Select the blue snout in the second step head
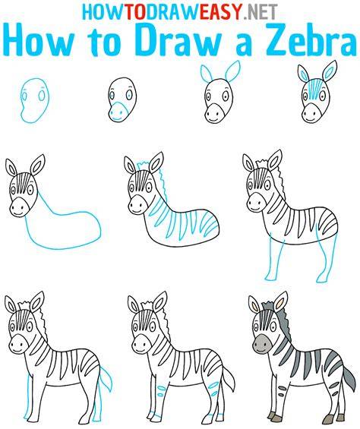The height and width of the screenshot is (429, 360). coord(118,111)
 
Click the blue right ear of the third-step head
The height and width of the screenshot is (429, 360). coord(232,71)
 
